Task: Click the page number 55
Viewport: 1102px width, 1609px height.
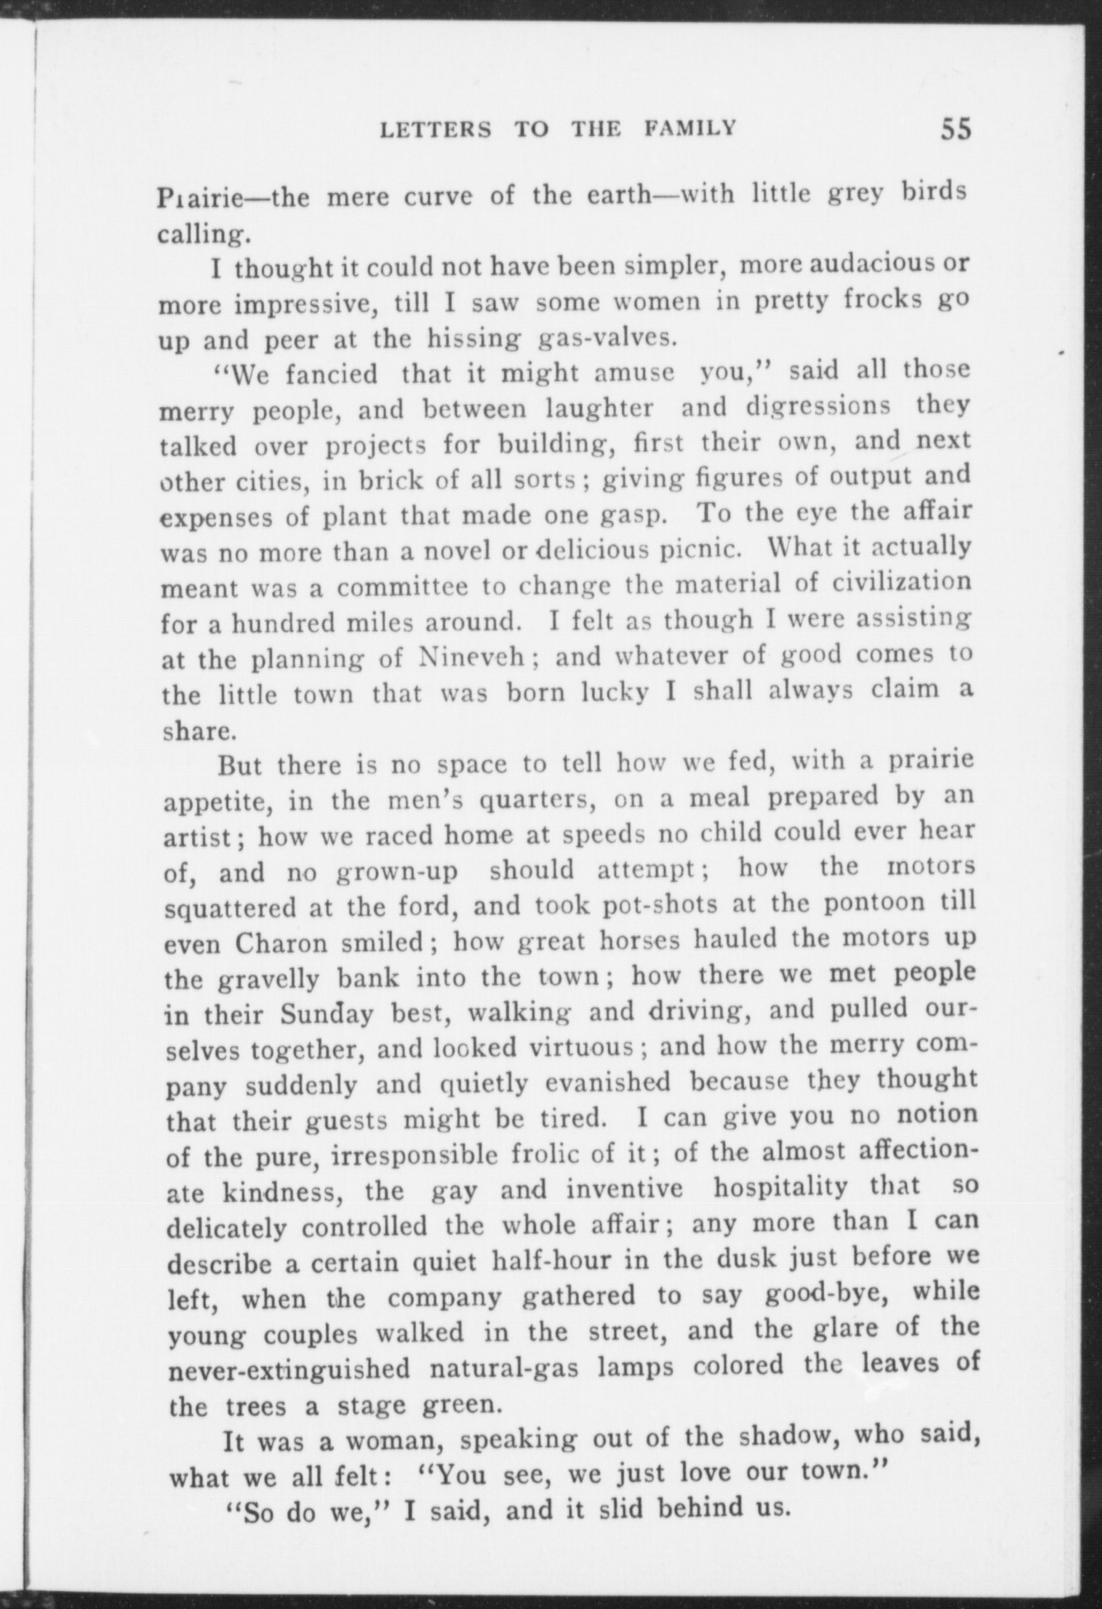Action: (954, 130)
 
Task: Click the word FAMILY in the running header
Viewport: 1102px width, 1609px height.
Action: (690, 129)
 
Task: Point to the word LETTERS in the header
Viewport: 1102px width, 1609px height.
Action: (436, 130)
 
